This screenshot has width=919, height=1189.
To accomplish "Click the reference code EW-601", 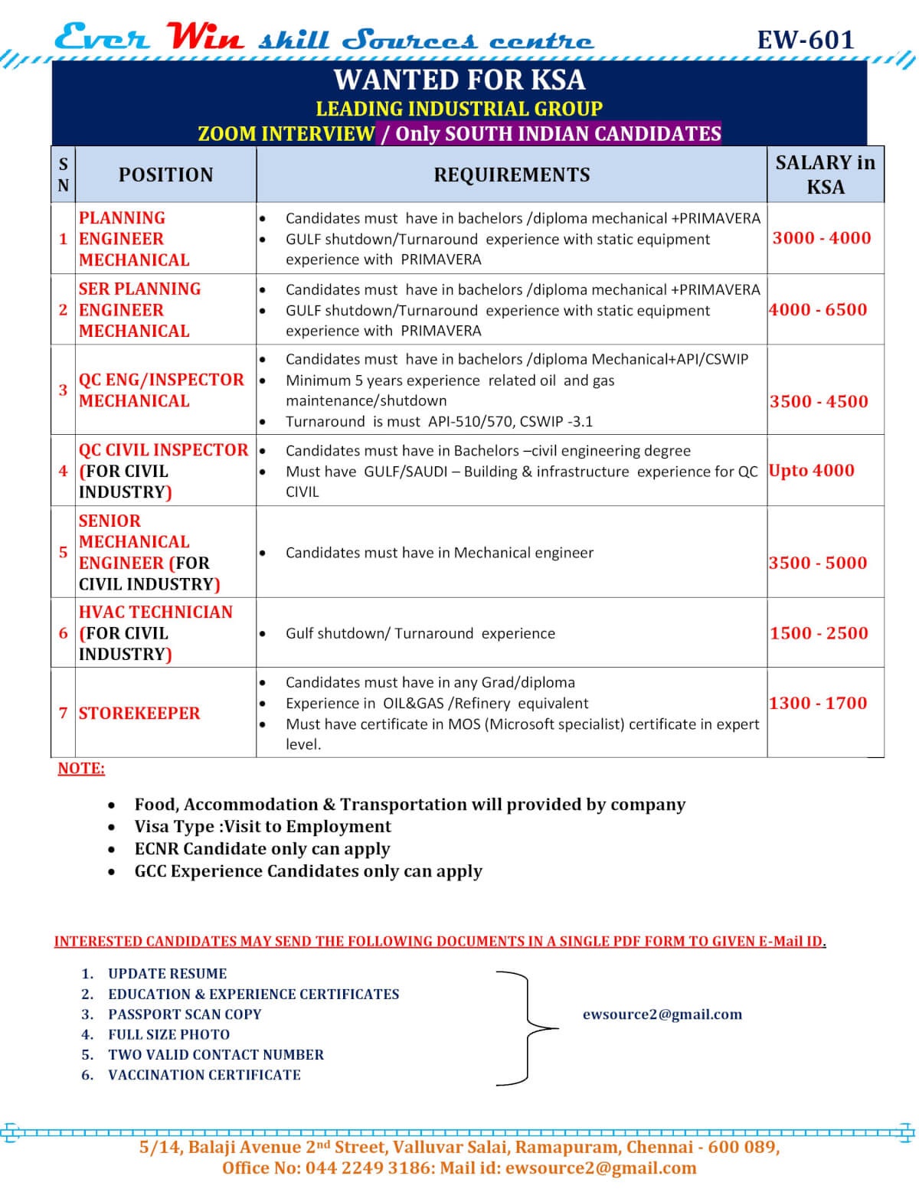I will (x=805, y=40).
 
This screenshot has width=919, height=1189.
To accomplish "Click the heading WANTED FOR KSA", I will (x=459, y=80).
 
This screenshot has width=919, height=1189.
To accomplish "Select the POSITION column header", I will (x=165, y=175).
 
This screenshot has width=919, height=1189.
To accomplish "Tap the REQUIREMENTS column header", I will (x=512, y=175).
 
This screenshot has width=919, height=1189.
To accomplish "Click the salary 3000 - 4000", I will (x=821, y=238).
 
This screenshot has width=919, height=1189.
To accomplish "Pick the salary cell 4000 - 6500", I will (x=818, y=310).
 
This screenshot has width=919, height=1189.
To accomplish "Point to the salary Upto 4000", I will (x=812, y=470).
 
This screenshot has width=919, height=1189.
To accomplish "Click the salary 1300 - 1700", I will (x=818, y=703).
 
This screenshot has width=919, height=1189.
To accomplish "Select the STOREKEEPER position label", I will (x=139, y=713).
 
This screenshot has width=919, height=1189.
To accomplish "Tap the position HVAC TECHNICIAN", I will (x=155, y=612).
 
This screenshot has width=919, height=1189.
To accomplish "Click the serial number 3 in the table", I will (x=63, y=390).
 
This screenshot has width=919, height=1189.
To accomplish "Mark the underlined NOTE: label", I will (x=81, y=768).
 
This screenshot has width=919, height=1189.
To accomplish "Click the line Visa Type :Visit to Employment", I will (x=263, y=826).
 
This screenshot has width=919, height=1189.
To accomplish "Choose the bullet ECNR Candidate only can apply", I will (x=262, y=848).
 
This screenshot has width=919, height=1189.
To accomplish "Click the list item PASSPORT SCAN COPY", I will (x=185, y=1014).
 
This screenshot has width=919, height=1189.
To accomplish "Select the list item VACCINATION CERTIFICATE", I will (x=204, y=1074).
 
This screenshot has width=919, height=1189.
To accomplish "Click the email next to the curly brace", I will (x=662, y=1014).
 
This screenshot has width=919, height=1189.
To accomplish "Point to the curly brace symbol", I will (x=528, y=1027).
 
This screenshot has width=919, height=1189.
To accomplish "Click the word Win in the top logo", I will (x=204, y=37).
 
